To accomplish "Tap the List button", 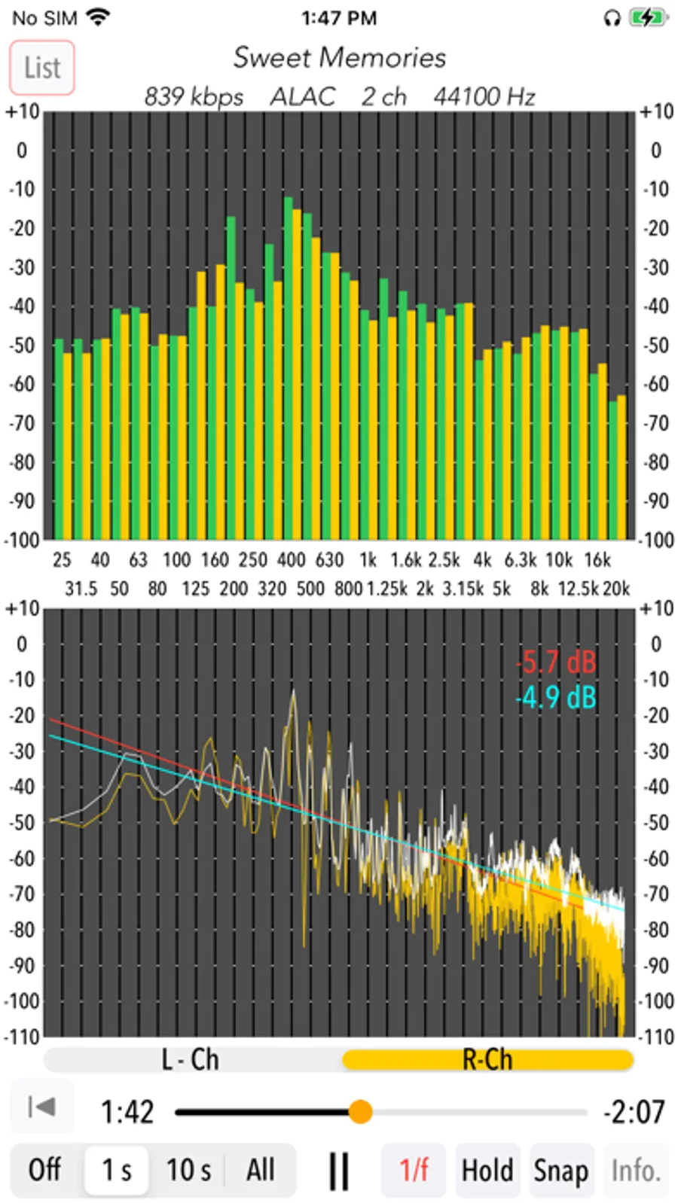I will point(42,68).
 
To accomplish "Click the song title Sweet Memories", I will point(339,58).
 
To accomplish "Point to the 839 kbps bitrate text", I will point(194,97).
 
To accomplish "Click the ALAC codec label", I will point(303,97).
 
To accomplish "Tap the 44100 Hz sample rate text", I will point(484,97).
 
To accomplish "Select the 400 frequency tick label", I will point(291,560).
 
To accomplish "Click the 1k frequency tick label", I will point(368,560).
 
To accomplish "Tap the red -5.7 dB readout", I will point(556,662).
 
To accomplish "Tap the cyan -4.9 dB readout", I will point(556,698).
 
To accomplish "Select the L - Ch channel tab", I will point(191,1060).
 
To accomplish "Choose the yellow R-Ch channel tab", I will point(487,1060).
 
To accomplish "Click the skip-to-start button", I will point(41,1107).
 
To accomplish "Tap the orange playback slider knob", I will point(361,1111).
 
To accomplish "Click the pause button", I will point(339,1171).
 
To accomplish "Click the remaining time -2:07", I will point(634,1112).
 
